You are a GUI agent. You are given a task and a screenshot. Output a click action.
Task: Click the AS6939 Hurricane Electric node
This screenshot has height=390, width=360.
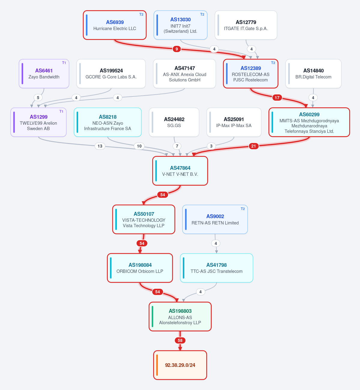(115, 25)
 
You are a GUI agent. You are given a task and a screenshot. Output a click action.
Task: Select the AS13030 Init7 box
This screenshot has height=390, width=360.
(180, 25)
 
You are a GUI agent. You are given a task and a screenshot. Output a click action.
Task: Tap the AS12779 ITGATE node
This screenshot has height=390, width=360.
(246, 25)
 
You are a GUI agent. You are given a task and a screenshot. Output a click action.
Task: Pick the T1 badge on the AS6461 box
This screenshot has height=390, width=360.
(64, 63)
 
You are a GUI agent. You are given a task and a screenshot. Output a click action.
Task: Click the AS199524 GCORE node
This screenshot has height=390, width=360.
(111, 74)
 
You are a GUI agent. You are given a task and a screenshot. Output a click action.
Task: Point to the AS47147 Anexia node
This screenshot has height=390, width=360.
(185, 74)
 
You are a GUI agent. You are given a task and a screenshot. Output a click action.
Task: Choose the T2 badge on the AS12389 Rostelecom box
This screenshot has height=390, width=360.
(273, 63)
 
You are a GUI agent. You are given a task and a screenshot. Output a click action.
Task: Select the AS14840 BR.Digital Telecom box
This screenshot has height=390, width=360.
(313, 74)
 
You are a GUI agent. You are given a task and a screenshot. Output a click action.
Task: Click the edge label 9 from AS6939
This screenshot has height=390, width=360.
(177, 49)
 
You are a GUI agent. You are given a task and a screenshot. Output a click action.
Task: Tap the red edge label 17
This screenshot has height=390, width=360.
(277, 98)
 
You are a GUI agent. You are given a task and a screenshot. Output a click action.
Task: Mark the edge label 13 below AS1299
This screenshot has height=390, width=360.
(100, 146)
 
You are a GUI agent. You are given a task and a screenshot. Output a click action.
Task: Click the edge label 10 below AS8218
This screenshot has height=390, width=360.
(139, 146)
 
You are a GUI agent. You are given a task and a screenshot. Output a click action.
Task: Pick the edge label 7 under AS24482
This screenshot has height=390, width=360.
(177, 146)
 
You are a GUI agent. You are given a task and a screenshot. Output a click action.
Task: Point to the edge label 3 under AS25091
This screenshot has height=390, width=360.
(211, 146)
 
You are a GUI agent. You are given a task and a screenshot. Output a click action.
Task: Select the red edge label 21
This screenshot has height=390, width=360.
(254, 146)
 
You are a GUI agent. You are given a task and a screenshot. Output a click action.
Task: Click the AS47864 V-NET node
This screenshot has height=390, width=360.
(180, 171)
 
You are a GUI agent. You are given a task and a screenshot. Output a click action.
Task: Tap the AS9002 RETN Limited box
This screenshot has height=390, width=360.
(215, 219)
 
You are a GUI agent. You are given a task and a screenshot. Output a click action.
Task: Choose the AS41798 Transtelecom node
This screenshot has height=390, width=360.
(216, 268)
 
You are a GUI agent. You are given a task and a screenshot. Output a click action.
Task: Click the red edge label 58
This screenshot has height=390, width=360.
(180, 340)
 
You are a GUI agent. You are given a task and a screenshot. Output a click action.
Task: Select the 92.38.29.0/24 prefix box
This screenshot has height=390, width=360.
(180, 365)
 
